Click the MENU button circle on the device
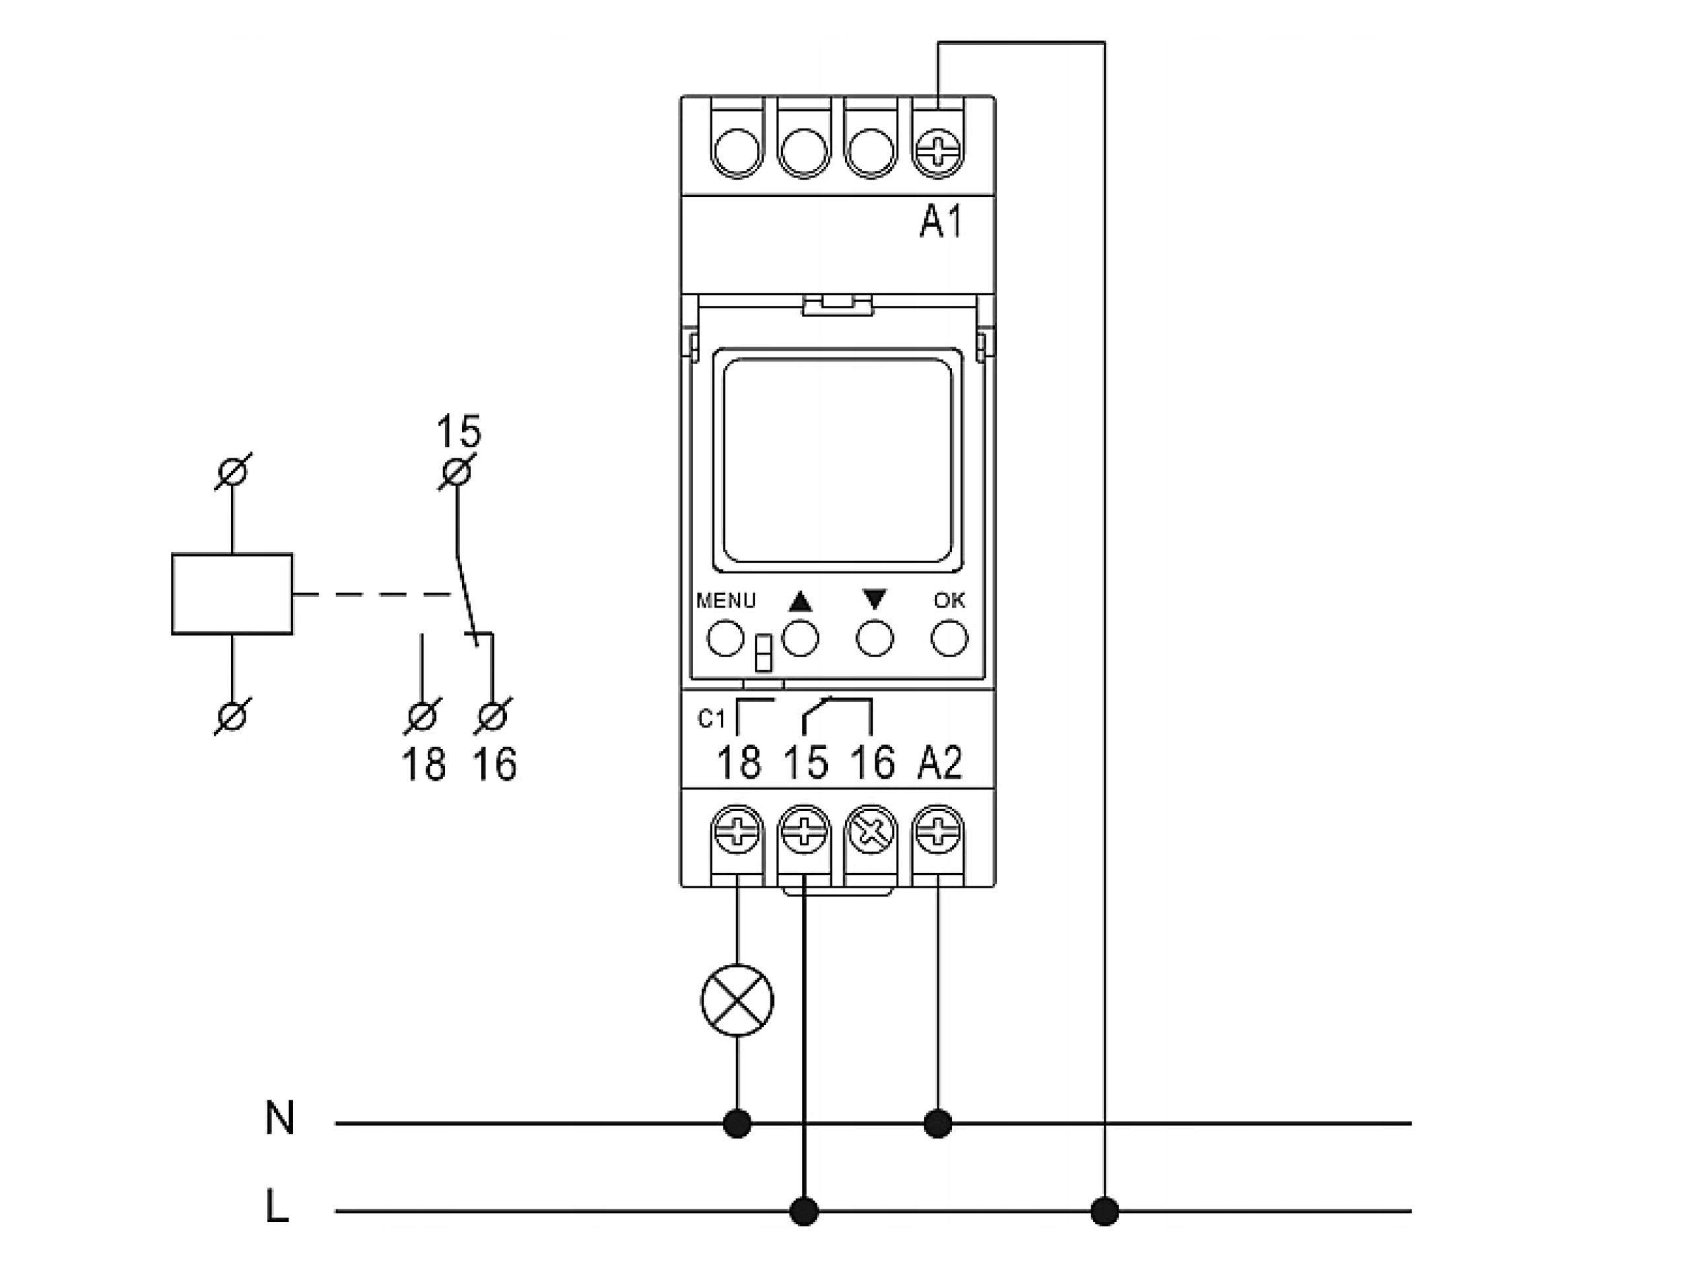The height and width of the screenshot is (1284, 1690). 725,638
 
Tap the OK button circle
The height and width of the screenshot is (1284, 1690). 949,638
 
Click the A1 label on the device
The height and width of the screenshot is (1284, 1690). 941,223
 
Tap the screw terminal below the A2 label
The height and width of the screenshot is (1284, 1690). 938,831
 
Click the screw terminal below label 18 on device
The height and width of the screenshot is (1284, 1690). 737,831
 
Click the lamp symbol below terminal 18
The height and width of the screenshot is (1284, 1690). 737,1001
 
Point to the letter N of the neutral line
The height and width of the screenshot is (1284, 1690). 280,1118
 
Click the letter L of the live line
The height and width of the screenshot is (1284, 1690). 277,1207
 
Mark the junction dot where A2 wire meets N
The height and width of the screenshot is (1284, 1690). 938,1123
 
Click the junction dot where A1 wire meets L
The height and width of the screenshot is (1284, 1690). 1104,1211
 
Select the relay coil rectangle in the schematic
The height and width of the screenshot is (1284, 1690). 232,594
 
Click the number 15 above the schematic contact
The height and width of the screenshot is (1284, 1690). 458,432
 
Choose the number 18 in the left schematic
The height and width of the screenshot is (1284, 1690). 423,764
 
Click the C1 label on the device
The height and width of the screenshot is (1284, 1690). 710,719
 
